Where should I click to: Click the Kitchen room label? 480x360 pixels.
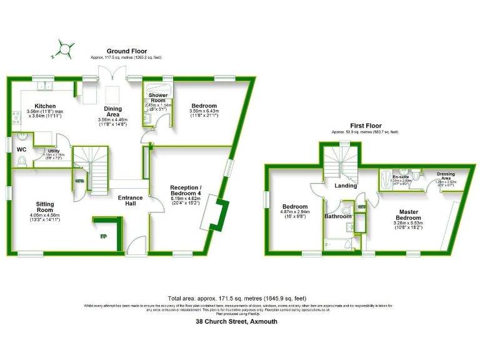pos(46,106)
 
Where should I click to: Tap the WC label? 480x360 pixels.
pos(21,149)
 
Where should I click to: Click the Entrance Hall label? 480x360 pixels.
pos(131,201)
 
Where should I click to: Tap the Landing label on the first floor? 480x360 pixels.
pos(346,185)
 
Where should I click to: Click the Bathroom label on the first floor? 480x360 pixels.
pos(338,216)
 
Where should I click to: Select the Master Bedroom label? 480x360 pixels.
pos(409,215)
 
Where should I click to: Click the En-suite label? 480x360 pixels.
pos(400,177)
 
